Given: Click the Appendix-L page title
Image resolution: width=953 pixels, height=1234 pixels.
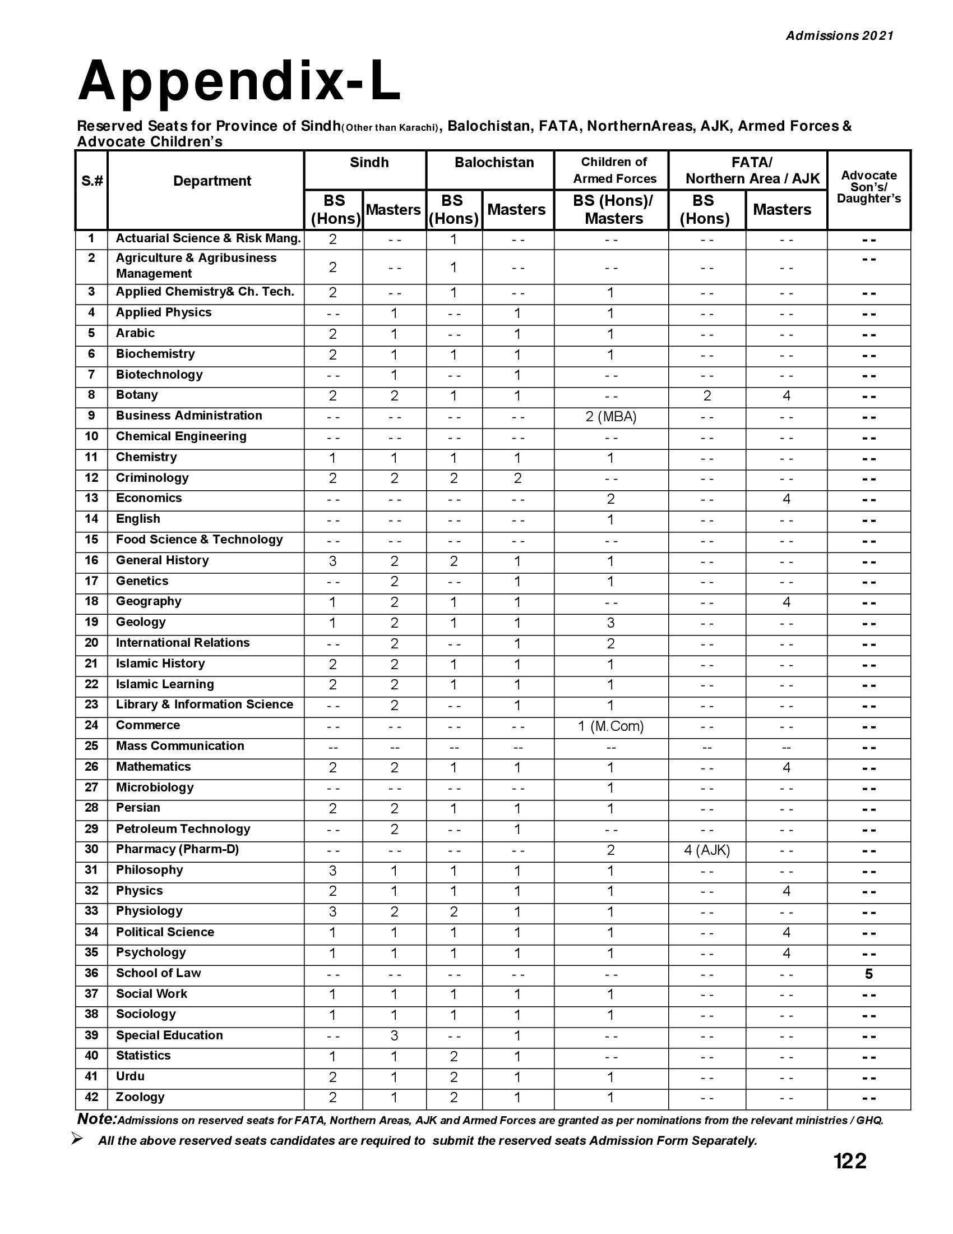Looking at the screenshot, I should coord(239,81).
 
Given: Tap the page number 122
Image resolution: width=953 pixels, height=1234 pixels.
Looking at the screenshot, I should coord(849,1161).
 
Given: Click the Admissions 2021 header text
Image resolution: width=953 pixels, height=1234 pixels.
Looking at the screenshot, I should coord(840,35).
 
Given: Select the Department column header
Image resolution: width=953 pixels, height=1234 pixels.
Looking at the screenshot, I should coord(212,181).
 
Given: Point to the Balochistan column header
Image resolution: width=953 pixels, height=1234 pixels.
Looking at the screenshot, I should coord(494,163).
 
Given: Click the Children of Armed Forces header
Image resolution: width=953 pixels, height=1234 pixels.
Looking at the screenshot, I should coord(614,170).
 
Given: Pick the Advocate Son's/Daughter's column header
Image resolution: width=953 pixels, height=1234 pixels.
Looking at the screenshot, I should coord(868,186).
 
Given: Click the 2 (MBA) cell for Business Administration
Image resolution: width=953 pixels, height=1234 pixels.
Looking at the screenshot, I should coord(611,417).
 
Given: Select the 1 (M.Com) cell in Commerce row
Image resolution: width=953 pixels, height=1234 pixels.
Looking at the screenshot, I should coord(611,726).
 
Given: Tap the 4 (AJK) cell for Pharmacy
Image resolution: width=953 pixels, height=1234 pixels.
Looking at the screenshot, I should coord(707,850).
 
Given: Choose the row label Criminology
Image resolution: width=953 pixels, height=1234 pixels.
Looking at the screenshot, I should coord(152,478).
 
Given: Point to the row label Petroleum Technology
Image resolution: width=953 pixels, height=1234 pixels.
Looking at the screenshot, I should coord(183,829).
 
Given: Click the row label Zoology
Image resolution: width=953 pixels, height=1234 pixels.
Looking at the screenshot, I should coord(140,1097).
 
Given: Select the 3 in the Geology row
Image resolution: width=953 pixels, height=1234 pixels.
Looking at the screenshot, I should coord(611,623).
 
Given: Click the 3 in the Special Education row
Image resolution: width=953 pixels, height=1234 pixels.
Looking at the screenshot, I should coord(394,1035).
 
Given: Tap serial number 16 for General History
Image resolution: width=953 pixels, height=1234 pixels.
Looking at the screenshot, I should coord(91,560).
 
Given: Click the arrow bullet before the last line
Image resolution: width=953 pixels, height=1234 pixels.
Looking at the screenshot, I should coord(78,1139).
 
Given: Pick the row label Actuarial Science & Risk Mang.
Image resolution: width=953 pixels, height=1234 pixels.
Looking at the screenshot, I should coord(208,238).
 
